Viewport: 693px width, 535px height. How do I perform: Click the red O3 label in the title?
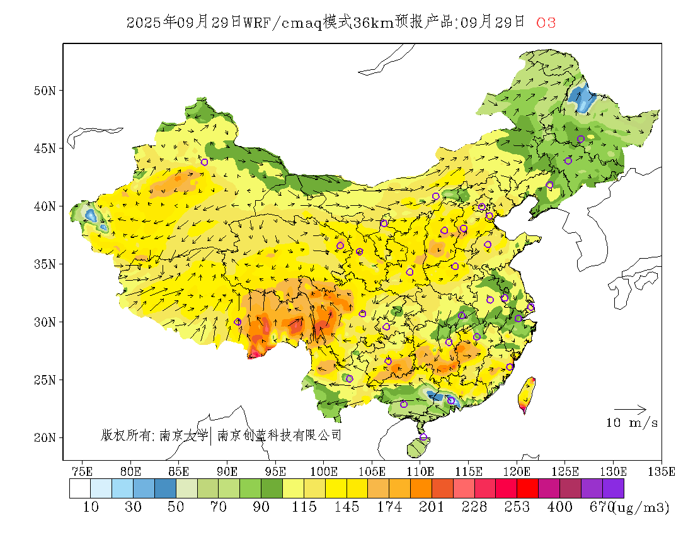pyautogui.click(x=546, y=23)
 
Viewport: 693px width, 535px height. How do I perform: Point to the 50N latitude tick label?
pyautogui.click(x=45, y=91)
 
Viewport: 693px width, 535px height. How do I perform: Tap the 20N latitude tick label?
pyautogui.click(x=45, y=437)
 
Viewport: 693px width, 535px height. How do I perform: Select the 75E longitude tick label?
pyautogui.click(x=83, y=471)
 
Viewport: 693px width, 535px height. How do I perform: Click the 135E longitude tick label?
pyautogui.click(x=661, y=471)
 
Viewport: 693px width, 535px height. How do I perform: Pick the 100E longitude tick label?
pyautogui.click(x=324, y=471)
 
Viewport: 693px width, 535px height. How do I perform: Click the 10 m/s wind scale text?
pyautogui.click(x=632, y=423)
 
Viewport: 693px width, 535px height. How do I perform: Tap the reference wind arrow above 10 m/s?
pyautogui.click(x=630, y=409)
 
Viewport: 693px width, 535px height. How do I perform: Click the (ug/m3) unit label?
pyautogui.click(x=641, y=507)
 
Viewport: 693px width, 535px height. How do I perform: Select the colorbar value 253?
pyautogui.click(x=517, y=507)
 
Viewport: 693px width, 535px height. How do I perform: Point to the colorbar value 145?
pyautogui.click(x=346, y=507)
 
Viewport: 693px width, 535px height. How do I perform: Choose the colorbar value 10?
pyautogui.click(x=91, y=507)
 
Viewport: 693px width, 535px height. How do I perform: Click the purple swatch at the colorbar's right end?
pyautogui.click(x=613, y=488)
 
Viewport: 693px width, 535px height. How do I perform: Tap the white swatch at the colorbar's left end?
pyautogui.click(x=80, y=488)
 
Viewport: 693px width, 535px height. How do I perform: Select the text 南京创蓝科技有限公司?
pyautogui.click(x=279, y=435)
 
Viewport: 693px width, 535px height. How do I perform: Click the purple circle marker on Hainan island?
pyautogui.click(x=423, y=437)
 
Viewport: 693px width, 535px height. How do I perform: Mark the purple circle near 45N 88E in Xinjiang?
pyautogui.click(x=204, y=162)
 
